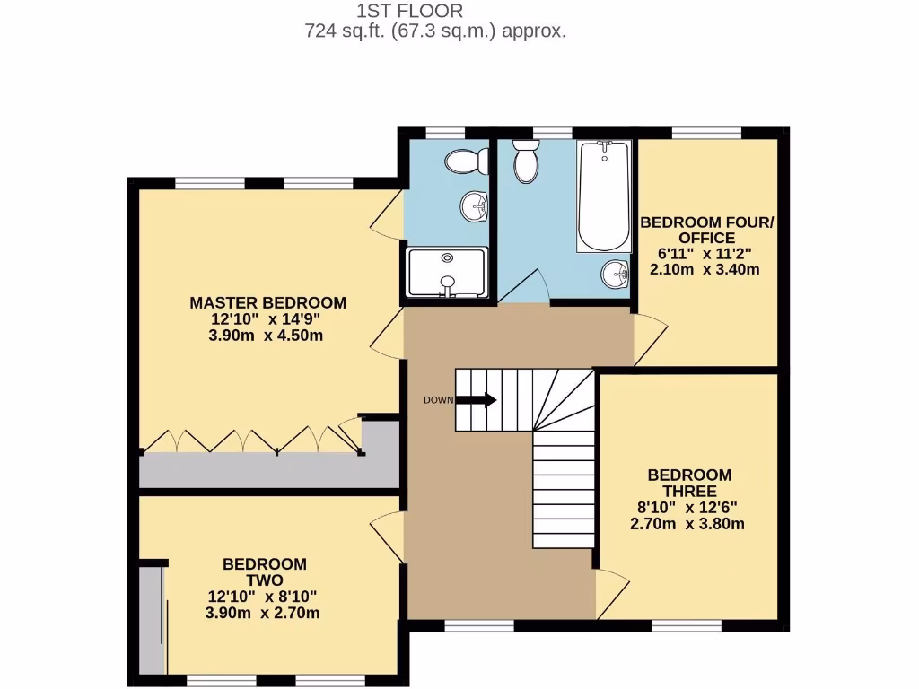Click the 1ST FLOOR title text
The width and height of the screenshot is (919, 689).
point(409,12)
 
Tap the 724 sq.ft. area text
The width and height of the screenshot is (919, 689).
point(435,31)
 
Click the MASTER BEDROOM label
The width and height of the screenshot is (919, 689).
point(267,302)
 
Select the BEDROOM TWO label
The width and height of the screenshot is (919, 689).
point(265,572)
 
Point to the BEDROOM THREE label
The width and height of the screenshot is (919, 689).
point(689,483)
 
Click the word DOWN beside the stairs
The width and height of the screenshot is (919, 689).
point(438,400)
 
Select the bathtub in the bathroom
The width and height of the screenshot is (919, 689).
point(604,196)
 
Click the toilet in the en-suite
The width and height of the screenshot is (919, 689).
point(463,162)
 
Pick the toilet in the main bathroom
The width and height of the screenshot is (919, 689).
point(525,162)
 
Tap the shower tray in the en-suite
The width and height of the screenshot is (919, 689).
point(447,273)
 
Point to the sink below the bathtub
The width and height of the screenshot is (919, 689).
point(615,273)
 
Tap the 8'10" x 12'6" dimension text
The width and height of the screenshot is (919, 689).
point(689,508)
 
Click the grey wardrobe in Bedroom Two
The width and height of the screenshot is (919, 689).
point(153,619)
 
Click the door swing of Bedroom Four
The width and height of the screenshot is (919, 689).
point(650,339)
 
